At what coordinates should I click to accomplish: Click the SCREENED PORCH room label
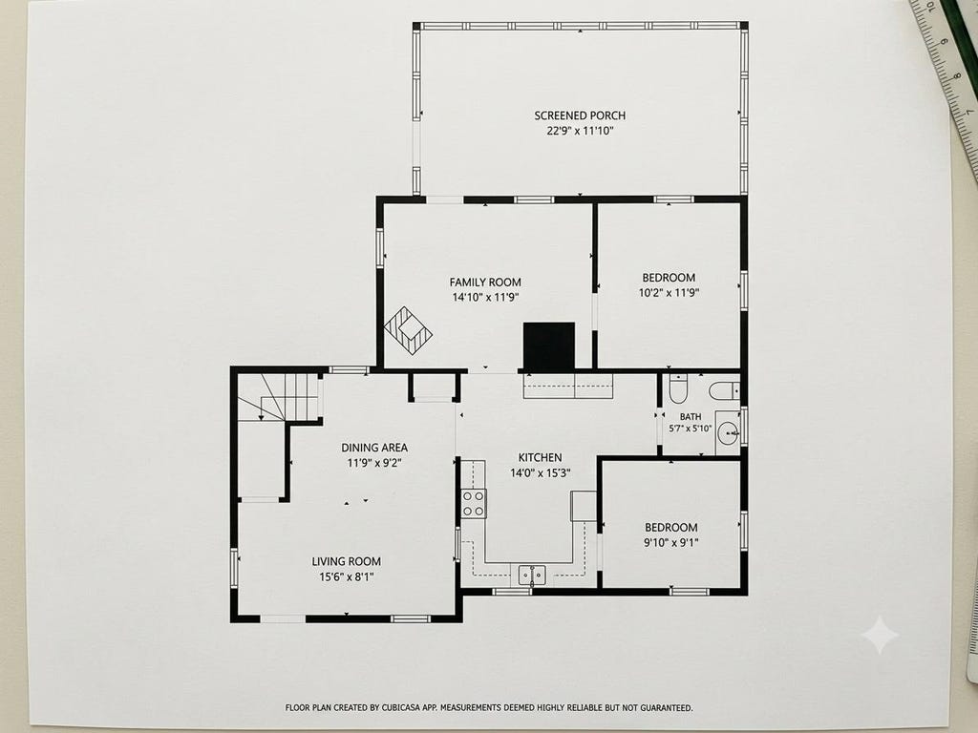(x=580, y=115)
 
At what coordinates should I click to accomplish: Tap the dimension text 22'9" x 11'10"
(x=580, y=131)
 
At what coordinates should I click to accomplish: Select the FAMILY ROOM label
(x=485, y=283)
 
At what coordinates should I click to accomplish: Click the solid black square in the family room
(x=549, y=346)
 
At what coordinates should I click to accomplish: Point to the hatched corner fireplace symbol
(x=409, y=330)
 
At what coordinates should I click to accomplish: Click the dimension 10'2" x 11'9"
(x=669, y=293)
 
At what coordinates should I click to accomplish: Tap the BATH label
(x=691, y=416)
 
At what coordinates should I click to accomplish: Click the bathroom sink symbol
(x=728, y=432)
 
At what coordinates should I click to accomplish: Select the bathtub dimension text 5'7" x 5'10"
(x=690, y=429)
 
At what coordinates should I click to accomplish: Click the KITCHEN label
(x=541, y=457)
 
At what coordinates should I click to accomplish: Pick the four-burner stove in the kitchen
(x=474, y=504)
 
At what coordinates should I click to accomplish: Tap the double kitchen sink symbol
(x=532, y=575)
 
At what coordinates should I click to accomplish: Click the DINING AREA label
(x=374, y=448)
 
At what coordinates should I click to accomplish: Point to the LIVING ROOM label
(x=346, y=561)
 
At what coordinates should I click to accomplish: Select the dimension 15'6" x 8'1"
(x=346, y=577)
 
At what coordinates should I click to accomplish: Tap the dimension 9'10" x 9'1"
(x=671, y=543)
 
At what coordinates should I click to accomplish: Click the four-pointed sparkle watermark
(x=880, y=635)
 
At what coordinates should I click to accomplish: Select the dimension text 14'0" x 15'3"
(x=541, y=473)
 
